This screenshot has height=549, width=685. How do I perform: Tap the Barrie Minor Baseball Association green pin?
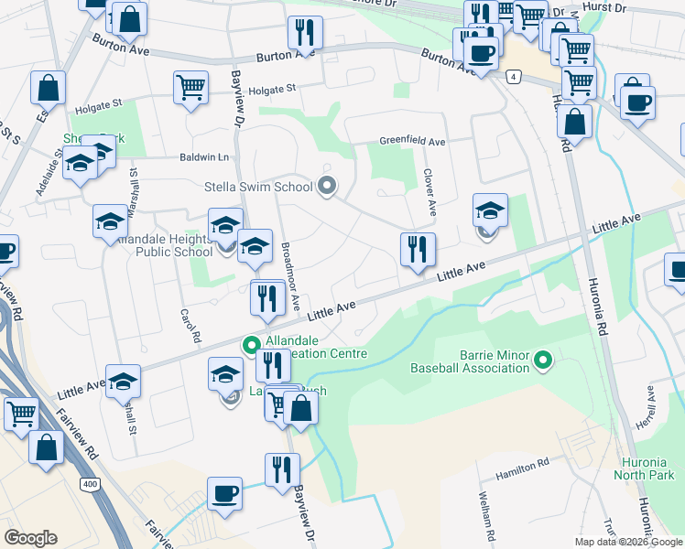pos(542,361)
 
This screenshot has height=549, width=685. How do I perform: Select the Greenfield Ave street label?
pos(413,143)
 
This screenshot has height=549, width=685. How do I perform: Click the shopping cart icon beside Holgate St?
pos(190,88)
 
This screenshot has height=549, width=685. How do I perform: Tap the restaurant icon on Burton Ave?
pos(305,33)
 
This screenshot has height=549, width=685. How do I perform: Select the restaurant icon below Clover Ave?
pos(418,248)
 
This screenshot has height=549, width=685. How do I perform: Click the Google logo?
pos(30,538)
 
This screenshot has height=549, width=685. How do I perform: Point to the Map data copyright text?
pos(628,542)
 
